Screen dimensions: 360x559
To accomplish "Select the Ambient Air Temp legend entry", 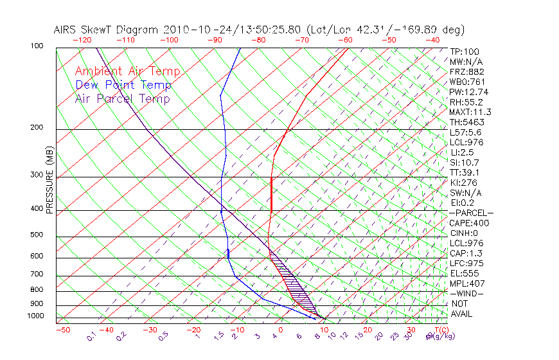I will [x=127, y=71].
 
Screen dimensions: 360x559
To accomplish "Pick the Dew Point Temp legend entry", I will [x=123, y=85].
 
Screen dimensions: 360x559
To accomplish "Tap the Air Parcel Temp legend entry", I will [x=122, y=98].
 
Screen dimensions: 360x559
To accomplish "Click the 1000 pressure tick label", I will [x=36, y=316].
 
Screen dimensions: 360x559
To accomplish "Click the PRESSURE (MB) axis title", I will [x=50, y=181].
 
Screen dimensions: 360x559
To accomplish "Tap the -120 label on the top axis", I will [x=82, y=40].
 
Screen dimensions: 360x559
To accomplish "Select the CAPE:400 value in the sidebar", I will [x=469, y=223].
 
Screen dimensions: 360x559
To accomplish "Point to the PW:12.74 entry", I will [x=469, y=92].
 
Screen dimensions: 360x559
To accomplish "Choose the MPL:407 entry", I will [x=467, y=283].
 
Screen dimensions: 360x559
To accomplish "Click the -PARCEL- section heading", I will [x=471, y=213].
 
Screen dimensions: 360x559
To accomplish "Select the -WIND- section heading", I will [x=467, y=293].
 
